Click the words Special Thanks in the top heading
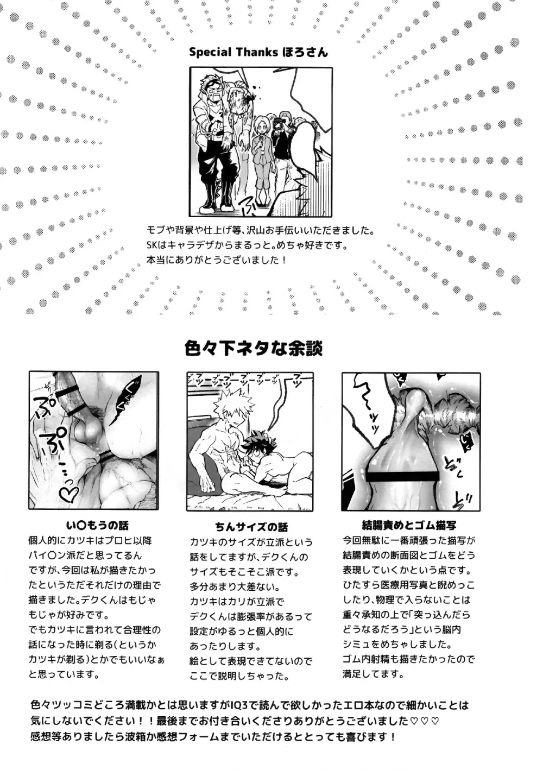(x=233, y=53)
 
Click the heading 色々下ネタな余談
(x=254, y=348)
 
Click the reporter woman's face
(x=262, y=134)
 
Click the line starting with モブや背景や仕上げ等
(x=268, y=231)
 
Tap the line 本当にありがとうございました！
(x=217, y=260)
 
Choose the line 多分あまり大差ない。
(x=235, y=587)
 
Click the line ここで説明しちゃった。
(x=239, y=676)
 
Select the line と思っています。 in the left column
(x=64, y=674)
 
